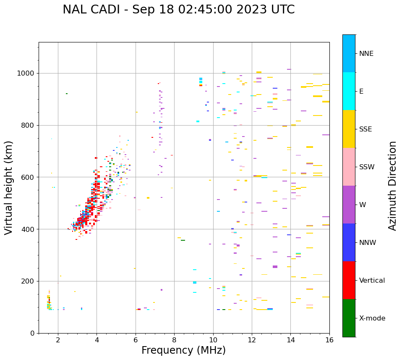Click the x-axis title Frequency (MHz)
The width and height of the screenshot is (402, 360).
pos(183,350)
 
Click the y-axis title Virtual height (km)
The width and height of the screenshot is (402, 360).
pos(9,188)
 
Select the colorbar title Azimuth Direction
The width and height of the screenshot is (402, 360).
pos(392,186)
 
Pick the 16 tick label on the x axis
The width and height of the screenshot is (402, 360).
pos(329,340)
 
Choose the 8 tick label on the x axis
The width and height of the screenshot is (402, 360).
pos(174,340)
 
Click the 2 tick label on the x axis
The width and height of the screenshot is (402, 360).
pos(58,340)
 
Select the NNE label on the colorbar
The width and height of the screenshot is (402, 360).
pos(366,54)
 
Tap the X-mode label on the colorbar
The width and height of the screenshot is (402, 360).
pos(372,318)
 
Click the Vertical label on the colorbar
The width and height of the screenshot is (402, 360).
pos(372,281)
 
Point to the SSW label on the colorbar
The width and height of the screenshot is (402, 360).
pos(367,167)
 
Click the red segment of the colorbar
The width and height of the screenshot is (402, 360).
pos(349,280)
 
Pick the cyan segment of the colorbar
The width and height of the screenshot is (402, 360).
pos(349,91)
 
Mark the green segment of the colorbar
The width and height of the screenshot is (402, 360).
pos(349,318)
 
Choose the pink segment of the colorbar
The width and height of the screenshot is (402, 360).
pos(349,167)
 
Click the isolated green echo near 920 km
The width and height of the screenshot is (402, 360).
pos(66,94)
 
